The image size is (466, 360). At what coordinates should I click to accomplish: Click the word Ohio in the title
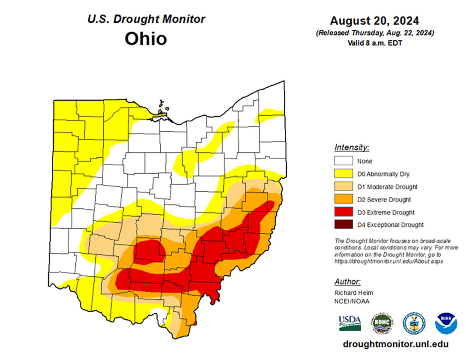pyautogui.click(x=146, y=39)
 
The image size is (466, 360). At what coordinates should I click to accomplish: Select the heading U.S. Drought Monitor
pyautogui.click(x=146, y=19)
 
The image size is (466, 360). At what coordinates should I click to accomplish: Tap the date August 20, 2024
pyautogui.click(x=374, y=21)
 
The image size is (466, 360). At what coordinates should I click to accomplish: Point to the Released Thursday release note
pyautogui.click(x=374, y=33)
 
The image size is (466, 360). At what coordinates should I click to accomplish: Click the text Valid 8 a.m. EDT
pyautogui.click(x=374, y=42)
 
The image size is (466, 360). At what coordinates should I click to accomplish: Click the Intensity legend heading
pyautogui.click(x=352, y=147)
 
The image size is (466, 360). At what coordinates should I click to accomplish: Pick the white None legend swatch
pyautogui.click(x=343, y=162)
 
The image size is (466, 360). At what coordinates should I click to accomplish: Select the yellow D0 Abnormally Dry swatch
pyautogui.click(x=343, y=174)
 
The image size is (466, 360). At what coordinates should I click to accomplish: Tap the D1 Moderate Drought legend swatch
pyautogui.click(x=343, y=187)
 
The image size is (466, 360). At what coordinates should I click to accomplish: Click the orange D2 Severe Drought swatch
pyautogui.click(x=343, y=199)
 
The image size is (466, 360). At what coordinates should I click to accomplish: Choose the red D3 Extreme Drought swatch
pyautogui.click(x=343, y=212)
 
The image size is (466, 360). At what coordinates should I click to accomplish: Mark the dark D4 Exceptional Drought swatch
pyautogui.click(x=343, y=225)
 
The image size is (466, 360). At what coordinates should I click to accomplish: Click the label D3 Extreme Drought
pyautogui.click(x=386, y=212)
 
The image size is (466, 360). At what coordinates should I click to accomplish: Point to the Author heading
pyautogui.click(x=347, y=282)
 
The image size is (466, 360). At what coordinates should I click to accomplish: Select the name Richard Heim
pyautogui.click(x=354, y=293)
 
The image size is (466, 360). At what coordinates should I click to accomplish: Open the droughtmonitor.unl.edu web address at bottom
pyautogui.click(x=395, y=345)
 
